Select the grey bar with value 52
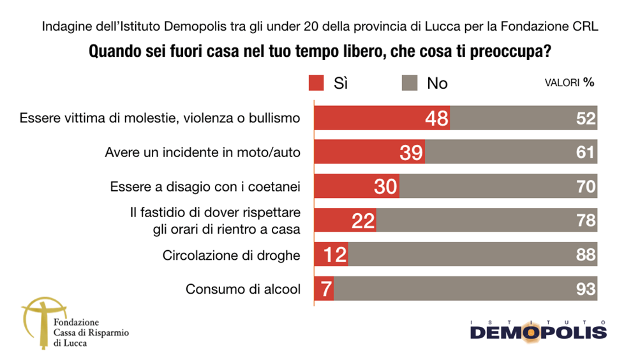pyautogui.click(x=523, y=119)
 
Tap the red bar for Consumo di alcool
pyautogui.click(x=325, y=289)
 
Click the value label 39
pyautogui.click(x=410, y=153)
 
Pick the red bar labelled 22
pyautogui.click(x=346, y=221)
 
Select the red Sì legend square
pyautogui.click(x=317, y=83)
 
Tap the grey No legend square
pyautogui.click(x=409, y=83)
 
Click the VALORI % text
pyautogui.click(x=569, y=83)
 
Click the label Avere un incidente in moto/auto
pyautogui.click(x=202, y=153)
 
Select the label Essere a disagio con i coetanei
pyautogui.click(x=205, y=187)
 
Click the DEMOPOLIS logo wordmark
pyautogui.click(x=538, y=333)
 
